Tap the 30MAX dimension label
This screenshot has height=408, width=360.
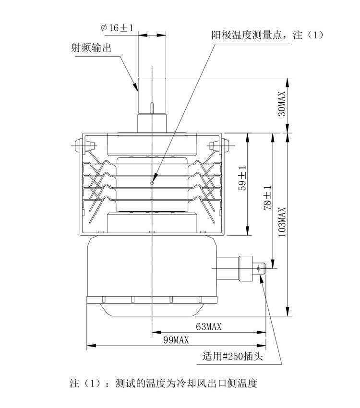coord(282,104)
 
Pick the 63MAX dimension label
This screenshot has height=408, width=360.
coord(209,327)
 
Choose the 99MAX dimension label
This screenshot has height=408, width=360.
coord(176,340)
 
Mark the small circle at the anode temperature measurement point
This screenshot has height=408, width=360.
coord(152,182)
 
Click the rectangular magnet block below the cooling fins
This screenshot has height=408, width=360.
coord(151,221)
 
